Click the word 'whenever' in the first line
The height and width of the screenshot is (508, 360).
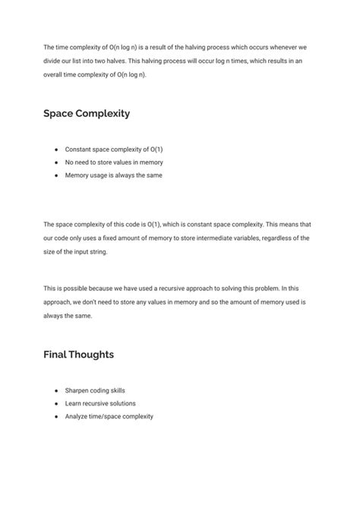coord(284,47)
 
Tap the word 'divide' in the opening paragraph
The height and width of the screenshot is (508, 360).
coord(52,61)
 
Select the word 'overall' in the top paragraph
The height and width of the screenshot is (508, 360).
coord(54,74)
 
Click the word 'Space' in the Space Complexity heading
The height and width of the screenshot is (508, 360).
coord(60,113)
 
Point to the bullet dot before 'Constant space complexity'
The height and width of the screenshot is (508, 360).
coord(55,150)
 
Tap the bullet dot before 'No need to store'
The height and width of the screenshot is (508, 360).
coord(55,162)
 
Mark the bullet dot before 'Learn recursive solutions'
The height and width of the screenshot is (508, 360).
coord(55,403)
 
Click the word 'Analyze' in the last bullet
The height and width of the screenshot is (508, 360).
coord(77,416)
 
